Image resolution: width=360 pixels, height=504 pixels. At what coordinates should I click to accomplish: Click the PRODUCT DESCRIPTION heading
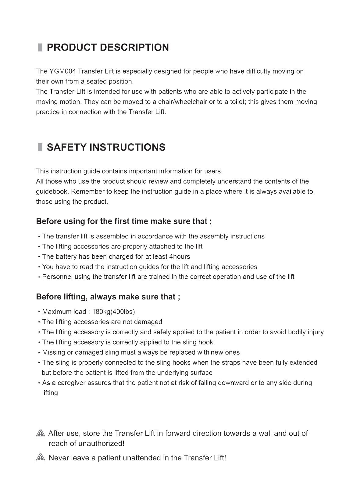pos(108,48)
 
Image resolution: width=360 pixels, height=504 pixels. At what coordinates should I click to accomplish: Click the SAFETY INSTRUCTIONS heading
pos(106,147)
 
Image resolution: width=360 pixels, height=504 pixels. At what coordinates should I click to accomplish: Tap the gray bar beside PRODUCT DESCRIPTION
pos(40,48)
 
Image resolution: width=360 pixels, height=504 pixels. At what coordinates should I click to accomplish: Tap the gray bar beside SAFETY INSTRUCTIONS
pos(40,147)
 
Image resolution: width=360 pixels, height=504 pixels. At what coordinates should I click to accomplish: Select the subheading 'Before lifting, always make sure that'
pos(108,297)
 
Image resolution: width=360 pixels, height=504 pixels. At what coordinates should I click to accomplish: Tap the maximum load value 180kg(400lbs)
pos(113,312)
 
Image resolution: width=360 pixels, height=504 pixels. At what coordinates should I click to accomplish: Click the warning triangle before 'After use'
pos(41,433)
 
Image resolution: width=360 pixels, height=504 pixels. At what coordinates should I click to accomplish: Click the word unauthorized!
pos(101,444)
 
